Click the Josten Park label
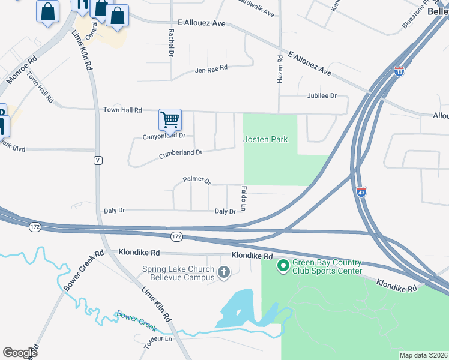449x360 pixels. pyautogui.click(x=265, y=140)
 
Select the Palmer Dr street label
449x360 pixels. pyautogui.click(x=197, y=180)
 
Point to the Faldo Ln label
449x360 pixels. pyautogui.click(x=244, y=198)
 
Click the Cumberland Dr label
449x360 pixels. pyautogui.click(x=181, y=154)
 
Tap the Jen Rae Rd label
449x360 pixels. pyautogui.click(x=211, y=69)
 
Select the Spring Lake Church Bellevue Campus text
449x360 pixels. pyautogui.click(x=178, y=273)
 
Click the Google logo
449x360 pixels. pyautogui.click(x=20, y=352)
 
